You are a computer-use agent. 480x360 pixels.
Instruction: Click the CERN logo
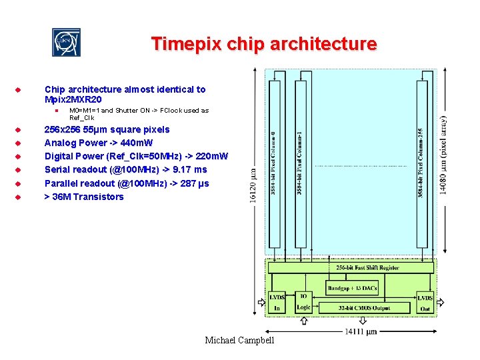(67, 43)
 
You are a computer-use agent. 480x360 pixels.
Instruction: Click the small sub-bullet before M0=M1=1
(58, 111)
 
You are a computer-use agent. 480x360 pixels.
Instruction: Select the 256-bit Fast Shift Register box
(359, 268)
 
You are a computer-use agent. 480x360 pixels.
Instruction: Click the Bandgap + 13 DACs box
(353, 288)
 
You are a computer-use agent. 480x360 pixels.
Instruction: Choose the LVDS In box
(277, 302)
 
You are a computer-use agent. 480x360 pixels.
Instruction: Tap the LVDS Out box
(425, 302)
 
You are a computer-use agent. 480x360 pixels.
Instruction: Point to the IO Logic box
(303, 302)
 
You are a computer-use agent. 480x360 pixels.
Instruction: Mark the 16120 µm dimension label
(251, 187)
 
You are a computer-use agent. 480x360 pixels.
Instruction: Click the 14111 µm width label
(361, 331)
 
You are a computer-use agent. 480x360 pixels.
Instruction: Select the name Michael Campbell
(239, 341)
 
